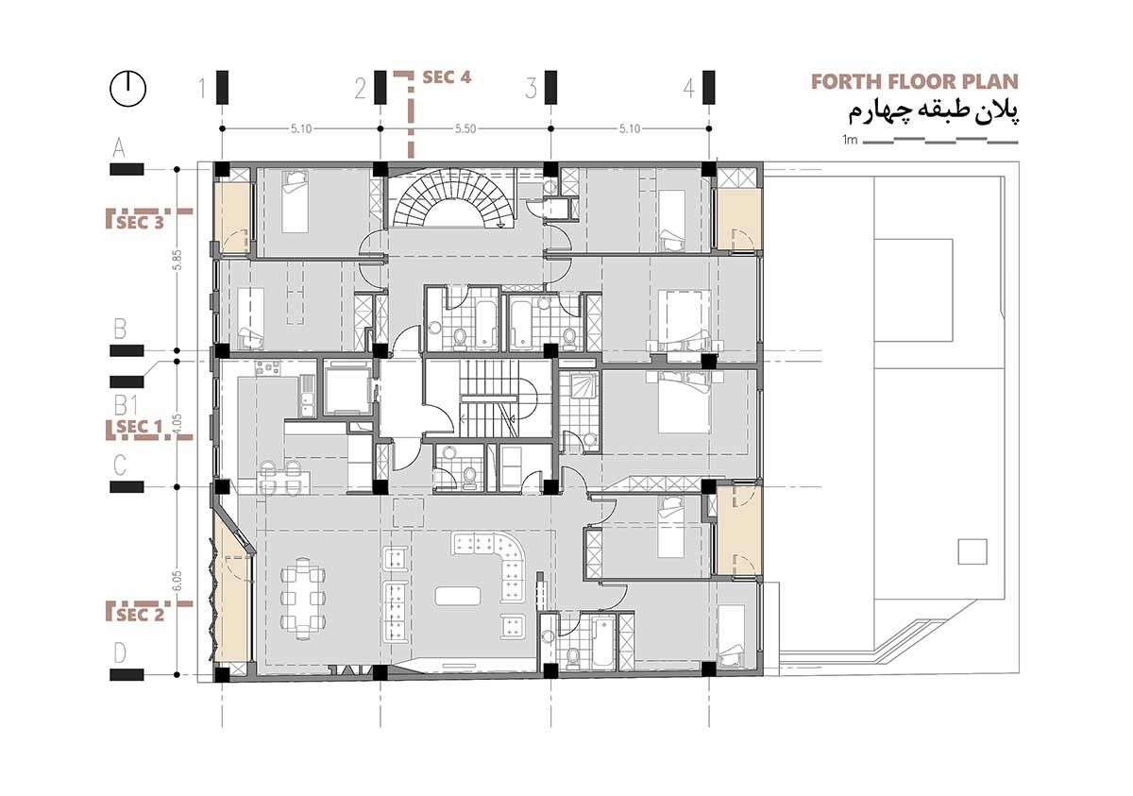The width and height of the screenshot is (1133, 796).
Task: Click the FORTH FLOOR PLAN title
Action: pos(915,82)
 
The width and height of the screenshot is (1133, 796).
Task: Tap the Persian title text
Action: pos(921,112)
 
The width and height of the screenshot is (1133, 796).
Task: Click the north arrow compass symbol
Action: pos(128,88)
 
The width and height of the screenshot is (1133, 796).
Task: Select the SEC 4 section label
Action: pos(447,77)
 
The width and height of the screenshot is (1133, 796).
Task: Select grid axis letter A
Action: pos(119,147)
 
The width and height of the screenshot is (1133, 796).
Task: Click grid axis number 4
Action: pos(689,90)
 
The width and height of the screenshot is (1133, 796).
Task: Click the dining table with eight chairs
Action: pos(303,597)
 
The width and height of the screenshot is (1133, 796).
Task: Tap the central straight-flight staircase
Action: pos(487,398)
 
